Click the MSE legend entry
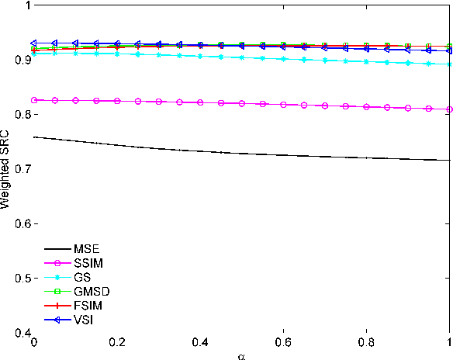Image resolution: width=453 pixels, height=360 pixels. pos(86,248)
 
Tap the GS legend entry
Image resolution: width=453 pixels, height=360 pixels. pos(82,278)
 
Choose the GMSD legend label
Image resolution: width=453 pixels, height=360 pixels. pos(90,292)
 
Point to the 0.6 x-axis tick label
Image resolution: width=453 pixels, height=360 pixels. pos(283,342)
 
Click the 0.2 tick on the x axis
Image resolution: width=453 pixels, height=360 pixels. pos(116,342)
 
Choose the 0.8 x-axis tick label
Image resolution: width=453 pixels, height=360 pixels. pos(367,342)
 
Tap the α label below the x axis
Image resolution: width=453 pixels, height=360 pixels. pos(241,355)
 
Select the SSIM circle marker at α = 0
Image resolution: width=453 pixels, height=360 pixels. pos(33,100)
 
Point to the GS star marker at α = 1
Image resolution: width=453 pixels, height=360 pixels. pos(449,64)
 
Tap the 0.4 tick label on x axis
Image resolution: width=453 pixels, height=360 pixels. pos(200,342)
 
